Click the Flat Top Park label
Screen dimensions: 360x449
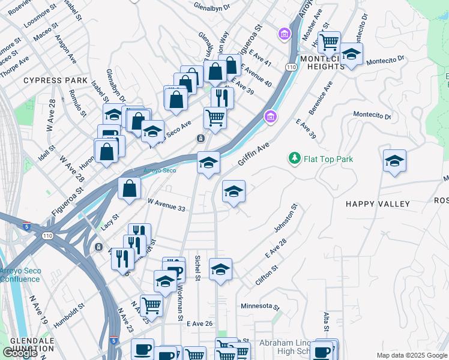[328, 159]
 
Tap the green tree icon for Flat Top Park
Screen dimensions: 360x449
[294, 158]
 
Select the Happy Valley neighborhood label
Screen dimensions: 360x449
[378, 204]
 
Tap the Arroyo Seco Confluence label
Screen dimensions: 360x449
[20, 275]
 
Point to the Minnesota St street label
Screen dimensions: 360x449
[261, 306]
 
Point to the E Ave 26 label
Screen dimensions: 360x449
[200, 323]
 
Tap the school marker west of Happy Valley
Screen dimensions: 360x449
[234, 192]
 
